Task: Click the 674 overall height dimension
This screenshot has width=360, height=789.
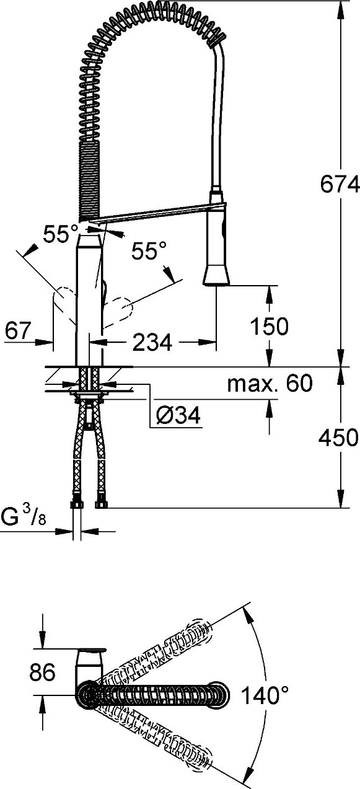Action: pyautogui.click(x=340, y=184)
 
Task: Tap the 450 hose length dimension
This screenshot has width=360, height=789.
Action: pyautogui.click(x=338, y=438)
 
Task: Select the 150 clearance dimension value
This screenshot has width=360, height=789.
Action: pyautogui.click(x=270, y=326)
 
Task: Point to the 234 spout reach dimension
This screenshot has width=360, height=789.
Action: pyautogui.click(x=152, y=342)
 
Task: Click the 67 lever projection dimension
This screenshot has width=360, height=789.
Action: pyautogui.click(x=19, y=330)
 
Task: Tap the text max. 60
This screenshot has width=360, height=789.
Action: pyautogui.click(x=270, y=383)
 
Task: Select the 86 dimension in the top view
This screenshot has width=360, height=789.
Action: pyautogui.click(x=42, y=672)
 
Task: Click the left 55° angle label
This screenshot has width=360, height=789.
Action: pyautogui.click(x=61, y=234)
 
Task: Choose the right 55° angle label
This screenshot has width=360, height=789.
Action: pyautogui.click(x=149, y=251)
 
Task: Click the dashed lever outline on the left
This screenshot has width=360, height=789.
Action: pyautogui.click(x=64, y=301)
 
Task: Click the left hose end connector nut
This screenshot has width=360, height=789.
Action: pyautogui.click(x=76, y=504)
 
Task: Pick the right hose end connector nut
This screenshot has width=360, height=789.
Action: pyautogui.click(x=101, y=504)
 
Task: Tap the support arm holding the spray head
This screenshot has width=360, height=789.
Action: pyautogui.click(x=156, y=213)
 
